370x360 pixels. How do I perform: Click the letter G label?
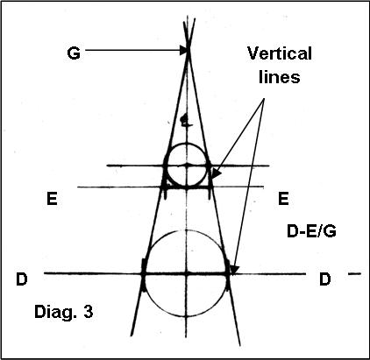(x=74, y=53)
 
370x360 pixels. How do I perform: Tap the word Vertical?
(x=280, y=53)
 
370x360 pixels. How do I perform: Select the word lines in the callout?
(x=280, y=77)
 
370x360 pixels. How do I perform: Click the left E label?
(x=52, y=199)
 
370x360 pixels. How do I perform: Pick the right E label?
(x=283, y=199)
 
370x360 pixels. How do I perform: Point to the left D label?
(x=21, y=279)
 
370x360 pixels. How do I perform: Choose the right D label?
(x=325, y=279)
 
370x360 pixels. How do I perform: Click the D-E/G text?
(x=311, y=231)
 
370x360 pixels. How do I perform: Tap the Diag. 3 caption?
(x=64, y=312)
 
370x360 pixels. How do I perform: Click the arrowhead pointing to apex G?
(x=184, y=50)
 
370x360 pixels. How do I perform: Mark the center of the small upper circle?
(x=187, y=166)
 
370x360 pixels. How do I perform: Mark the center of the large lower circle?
(x=187, y=273)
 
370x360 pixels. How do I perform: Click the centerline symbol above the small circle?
(x=184, y=121)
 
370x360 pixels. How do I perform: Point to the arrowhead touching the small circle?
(x=214, y=174)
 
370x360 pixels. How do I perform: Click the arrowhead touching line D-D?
(x=234, y=270)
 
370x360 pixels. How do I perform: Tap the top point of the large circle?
(x=187, y=230)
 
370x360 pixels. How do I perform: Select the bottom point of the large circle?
(x=187, y=317)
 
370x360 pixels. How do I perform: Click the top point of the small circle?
(x=187, y=144)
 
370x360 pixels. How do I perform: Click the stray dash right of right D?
(x=355, y=273)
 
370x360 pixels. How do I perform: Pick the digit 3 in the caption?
(x=89, y=311)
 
